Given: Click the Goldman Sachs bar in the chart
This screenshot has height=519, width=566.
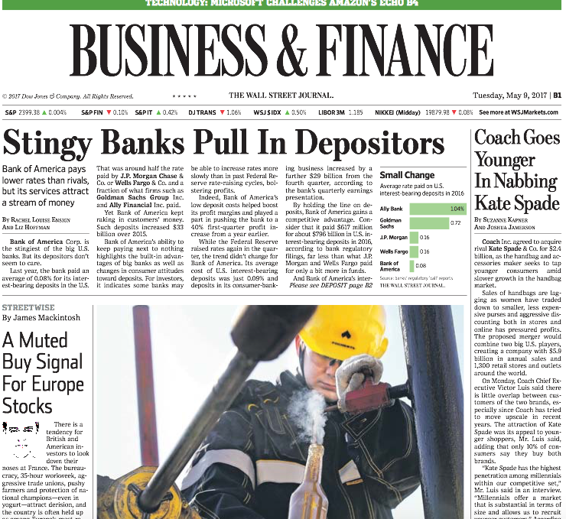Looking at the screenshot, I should [429, 223].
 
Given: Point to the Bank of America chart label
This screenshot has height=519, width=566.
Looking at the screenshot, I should [390, 266].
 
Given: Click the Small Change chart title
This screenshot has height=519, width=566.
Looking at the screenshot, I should [407, 175].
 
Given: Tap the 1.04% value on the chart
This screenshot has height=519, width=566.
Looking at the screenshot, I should [457, 209].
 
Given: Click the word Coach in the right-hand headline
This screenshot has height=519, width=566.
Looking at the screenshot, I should [497, 138].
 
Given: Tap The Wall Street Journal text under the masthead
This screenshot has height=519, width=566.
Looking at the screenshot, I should [281, 96].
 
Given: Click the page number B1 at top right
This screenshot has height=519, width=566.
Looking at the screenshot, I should [558, 96].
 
